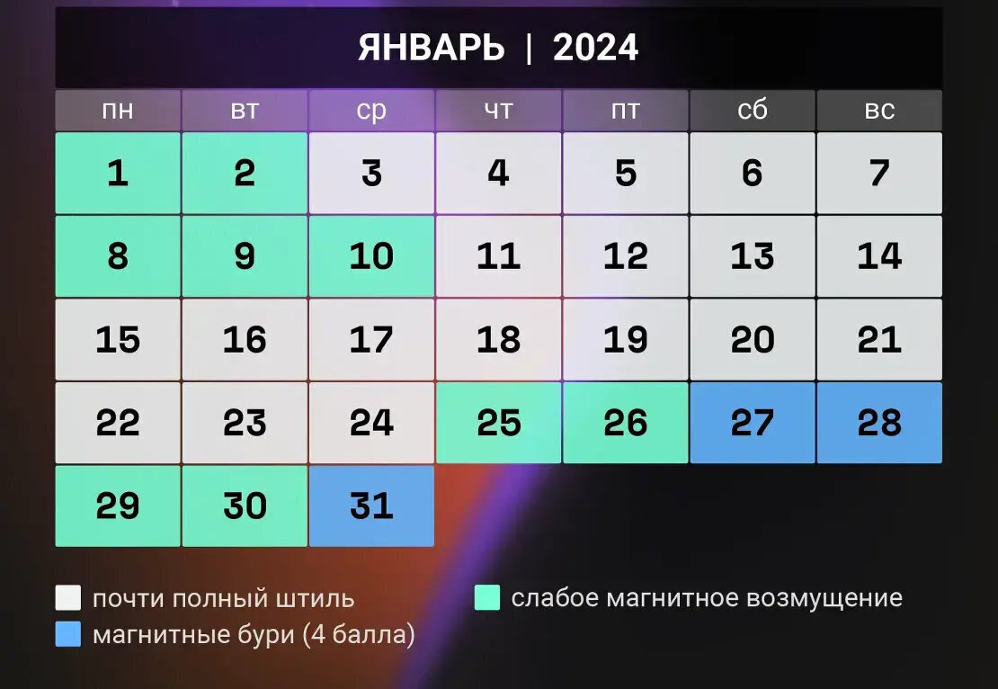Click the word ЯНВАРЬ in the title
(432, 48)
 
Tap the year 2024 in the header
(595, 48)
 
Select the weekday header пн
(118, 111)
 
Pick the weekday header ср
(371, 111)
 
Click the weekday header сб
(753, 111)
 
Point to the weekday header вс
(879, 111)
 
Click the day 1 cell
(118, 173)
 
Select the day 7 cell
(879, 173)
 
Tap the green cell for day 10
(371, 256)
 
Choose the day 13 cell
(753, 256)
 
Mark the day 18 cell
(498, 339)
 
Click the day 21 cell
(879, 339)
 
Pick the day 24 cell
(371, 423)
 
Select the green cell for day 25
(498, 423)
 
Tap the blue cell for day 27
(753, 423)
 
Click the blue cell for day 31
(371, 506)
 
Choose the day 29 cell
(118, 506)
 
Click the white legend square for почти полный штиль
(68, 598)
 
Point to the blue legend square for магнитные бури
(68, 634)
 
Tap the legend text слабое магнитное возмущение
(706, 598)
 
